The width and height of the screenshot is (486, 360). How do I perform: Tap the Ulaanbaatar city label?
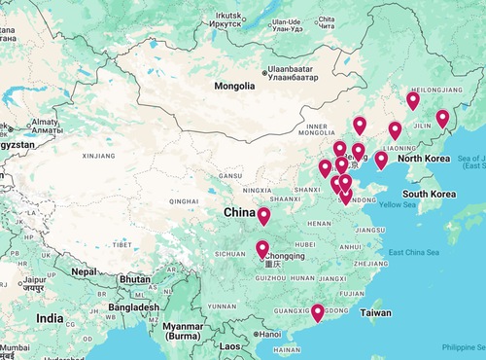click(296, 72)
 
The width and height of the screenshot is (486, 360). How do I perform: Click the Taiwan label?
click(376, 314)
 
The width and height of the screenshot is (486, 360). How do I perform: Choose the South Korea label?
click(430, 194)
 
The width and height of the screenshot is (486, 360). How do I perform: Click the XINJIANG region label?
click(98, 155)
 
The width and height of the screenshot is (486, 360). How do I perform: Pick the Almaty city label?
click(45, 124)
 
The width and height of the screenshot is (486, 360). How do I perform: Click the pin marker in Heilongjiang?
click(413, 99)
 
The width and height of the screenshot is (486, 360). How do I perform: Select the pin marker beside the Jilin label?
click(442, 119)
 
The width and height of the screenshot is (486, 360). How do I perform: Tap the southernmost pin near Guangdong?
click(318, 312)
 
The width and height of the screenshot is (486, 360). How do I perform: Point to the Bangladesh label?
click(134, 307)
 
